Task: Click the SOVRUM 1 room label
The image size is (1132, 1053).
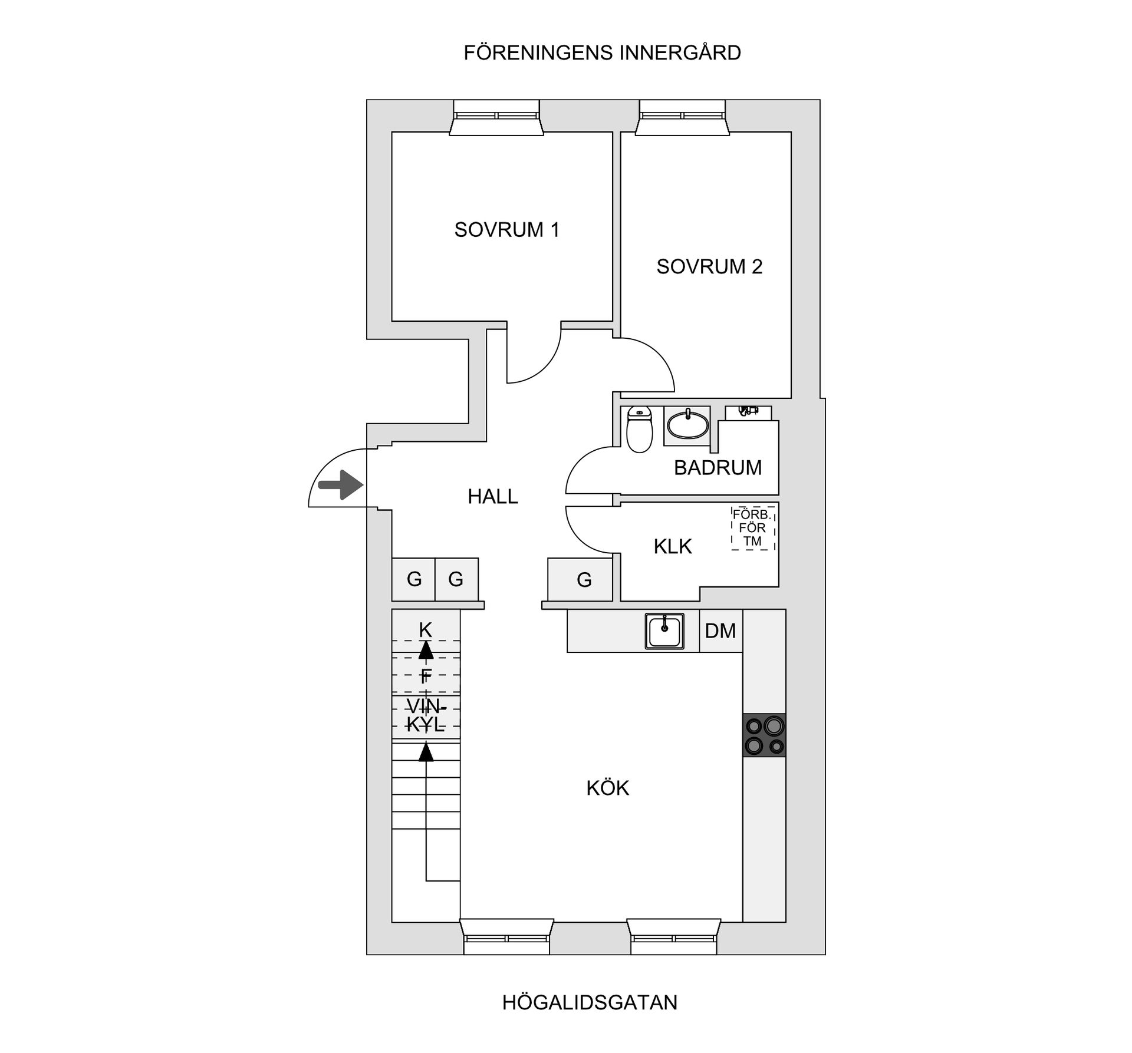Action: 506,229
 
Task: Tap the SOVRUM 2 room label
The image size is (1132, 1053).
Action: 709,266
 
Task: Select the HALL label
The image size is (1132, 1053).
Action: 492,496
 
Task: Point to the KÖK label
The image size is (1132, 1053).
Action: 607,788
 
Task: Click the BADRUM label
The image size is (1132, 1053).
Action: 718,467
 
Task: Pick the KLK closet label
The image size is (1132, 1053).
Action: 672,546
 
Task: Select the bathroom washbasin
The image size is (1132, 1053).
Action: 687,425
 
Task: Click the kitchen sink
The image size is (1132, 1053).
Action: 664,631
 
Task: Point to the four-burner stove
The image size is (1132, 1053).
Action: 764,735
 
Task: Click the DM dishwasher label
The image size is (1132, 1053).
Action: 720,631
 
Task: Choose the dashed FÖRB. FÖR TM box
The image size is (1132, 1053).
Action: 753,527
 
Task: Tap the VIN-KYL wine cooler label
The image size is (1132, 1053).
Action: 426,715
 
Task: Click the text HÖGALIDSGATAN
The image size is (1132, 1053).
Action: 590,1002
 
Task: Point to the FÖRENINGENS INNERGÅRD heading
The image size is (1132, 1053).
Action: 602,53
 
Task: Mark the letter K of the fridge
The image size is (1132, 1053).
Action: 425,630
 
